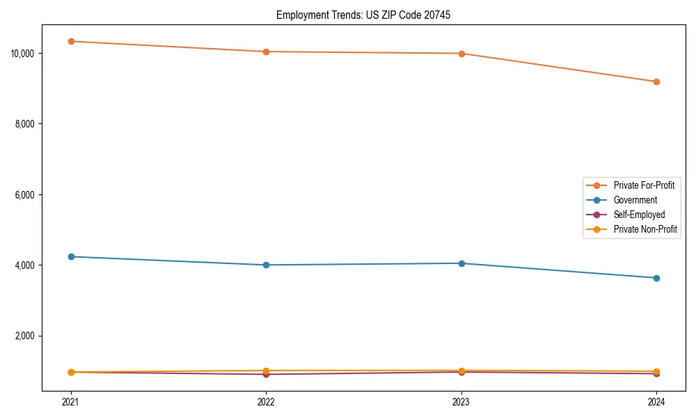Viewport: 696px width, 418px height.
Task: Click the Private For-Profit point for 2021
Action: point(71,41)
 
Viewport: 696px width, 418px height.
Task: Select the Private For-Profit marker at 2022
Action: point(266,52)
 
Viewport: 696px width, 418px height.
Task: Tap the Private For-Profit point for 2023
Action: point(461,54)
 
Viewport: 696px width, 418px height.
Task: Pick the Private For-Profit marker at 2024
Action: point(656,82)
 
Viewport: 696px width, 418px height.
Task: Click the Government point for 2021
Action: point(71,256)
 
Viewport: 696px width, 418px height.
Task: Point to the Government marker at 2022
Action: point(266,265)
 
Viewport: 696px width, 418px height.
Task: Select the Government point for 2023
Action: point(461,263)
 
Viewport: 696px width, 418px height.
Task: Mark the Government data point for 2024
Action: point(656,278)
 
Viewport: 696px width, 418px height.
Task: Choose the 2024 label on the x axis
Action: point(656,402)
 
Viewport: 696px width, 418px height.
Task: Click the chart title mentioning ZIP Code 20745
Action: point(363,15)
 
